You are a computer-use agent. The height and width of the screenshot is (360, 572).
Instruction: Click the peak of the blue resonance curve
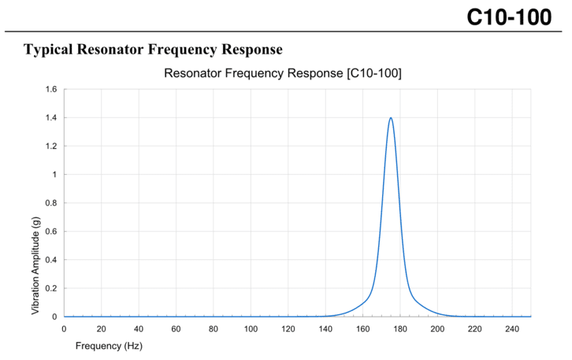pyautogui.click(x=390, y=118)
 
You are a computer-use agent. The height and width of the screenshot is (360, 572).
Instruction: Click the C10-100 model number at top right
pyautogui.click(x=509, y=17)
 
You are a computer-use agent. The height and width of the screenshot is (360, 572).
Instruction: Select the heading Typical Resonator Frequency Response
pyautogui.click(x=153, y=50)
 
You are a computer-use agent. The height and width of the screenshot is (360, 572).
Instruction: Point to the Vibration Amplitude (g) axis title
pyautogui.click(x=36, y=266)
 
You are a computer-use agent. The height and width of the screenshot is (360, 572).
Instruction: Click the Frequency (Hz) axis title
pyautogui.click(x=109, y=345)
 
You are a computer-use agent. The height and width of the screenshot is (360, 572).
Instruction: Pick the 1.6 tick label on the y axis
pyautogui.click(x=50, y=90)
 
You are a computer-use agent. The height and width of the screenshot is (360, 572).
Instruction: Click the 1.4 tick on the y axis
pyautogui.click(x=50, y=118)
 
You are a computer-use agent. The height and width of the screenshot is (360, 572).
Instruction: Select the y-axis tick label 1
pyautogui.click(x=53, y=175)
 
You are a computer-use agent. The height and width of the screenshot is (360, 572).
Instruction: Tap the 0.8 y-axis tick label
pyautogui.click(x=50, y=203)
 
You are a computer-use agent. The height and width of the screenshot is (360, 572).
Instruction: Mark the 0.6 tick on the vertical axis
pyautogui.click(x=50, y=232)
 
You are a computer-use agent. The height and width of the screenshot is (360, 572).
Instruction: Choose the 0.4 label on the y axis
pyautogui.click(x=50, y=260)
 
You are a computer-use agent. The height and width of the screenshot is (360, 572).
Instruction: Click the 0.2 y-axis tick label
pyautogui.click(x=50, y=288)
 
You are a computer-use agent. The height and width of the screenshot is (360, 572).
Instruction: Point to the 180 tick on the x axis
pyautogui.click(x=400, y=328)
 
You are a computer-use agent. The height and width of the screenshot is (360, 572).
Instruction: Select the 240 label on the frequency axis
pyautogui.click(x=512, y=328)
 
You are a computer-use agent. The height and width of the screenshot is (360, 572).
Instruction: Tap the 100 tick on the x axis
pyautogui.click(x=251, y=328)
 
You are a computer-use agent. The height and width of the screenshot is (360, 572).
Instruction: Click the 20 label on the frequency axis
pyautogui.click(x=101, y=328)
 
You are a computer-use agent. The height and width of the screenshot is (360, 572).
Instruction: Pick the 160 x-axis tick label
pyautogui.click(x=362, y=328)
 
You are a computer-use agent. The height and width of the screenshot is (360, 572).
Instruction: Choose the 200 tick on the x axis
pyautogui.click(x=437, y=328)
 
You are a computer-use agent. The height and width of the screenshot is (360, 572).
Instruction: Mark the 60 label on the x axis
pyautogui.click(x=176, y=328)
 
